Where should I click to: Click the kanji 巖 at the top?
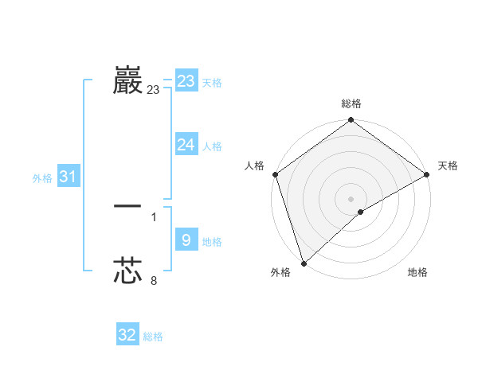[127, 80]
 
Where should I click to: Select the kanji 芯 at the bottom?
[127, 271]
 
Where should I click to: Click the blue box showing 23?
[186, 81]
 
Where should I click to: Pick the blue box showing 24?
[186, 145]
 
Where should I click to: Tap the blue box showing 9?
[186, 240]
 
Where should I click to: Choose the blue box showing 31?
[68, 177]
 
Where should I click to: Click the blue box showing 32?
[127, 335]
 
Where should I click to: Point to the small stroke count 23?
[153, 91]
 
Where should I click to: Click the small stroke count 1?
[154, 216]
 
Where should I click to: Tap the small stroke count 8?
[154, 280]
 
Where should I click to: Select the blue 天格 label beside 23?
[212, 83]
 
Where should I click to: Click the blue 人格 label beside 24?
[212, 146]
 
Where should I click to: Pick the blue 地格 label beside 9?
[212, 241]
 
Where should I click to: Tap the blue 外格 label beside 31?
[42, 178]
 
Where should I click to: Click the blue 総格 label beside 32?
[153, 337]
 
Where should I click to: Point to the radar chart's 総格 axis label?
[351, 103]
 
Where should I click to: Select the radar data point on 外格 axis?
[304, 263]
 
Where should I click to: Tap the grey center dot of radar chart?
[351, 198]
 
